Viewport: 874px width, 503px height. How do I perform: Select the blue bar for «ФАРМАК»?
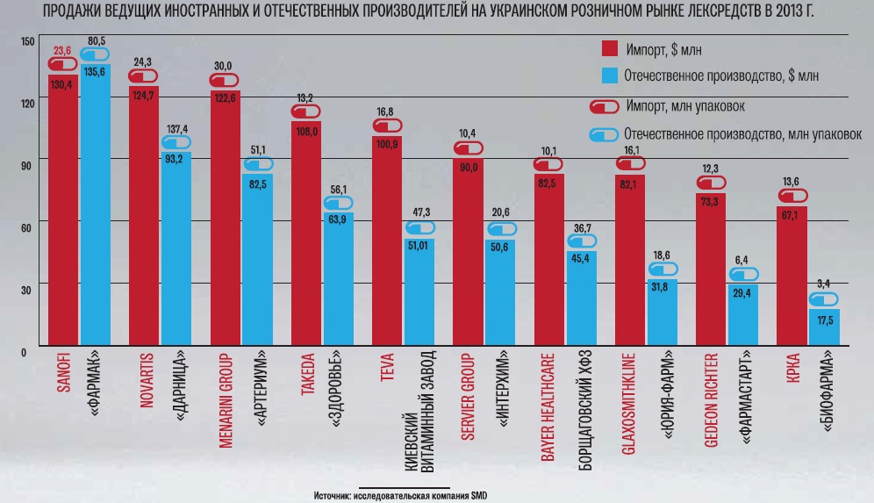point(95,211)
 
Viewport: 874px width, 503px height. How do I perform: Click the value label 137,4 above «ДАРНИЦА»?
point(177,128)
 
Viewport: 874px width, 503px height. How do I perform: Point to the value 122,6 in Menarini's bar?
point(225,97)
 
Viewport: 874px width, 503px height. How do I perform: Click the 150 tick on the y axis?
point(25,42)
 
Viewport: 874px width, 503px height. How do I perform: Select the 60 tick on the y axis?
point(25,226)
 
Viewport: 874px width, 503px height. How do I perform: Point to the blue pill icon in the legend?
point(605,135)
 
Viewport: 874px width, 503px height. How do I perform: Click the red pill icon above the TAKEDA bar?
point(305,111)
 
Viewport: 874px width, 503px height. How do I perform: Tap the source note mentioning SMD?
point(400,495)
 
